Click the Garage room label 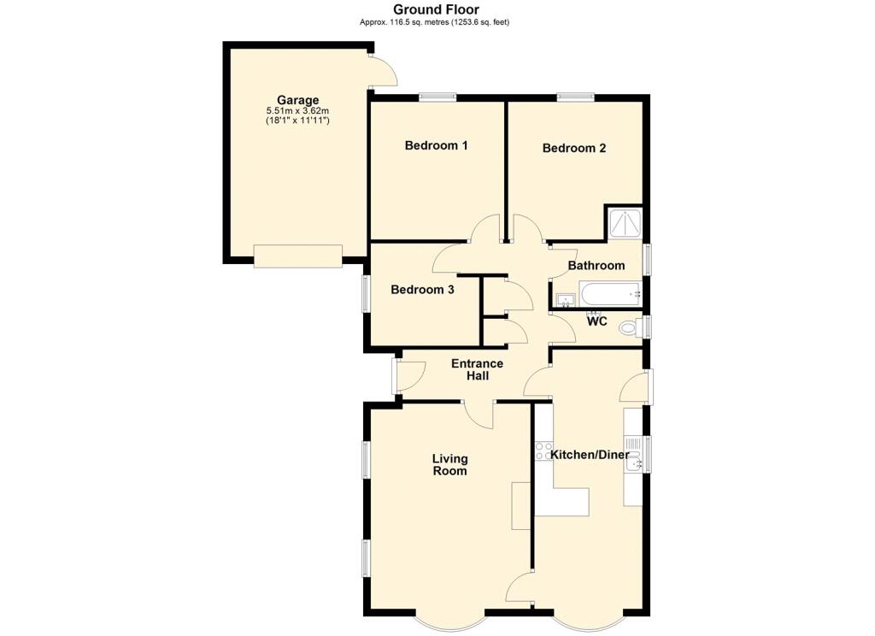(298, 101)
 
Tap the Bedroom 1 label (436, 145)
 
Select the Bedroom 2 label (573, 148)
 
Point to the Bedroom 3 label (422, 290)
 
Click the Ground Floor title (436, 9)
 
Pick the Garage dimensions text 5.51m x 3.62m (298, 111)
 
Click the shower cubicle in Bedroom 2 (623, 222)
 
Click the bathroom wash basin (566, 300)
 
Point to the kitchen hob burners (543, 450)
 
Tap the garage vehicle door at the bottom (297, 256)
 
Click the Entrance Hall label (477, 369)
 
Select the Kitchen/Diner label (590, 455)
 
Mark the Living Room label (449, 464)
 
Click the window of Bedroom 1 (437, 97)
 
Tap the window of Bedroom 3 (365, 292)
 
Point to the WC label (596, 322)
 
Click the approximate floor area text (435, 22)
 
